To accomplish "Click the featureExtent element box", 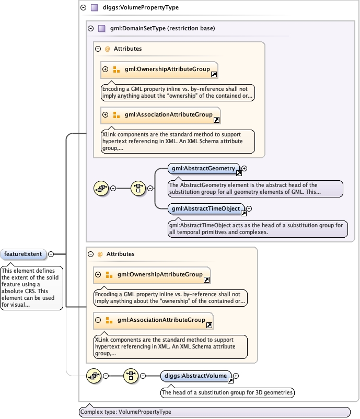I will pyautogui.click(x=24, y=254).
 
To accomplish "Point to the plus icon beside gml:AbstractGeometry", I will pyautogui.click(x=244, y=169).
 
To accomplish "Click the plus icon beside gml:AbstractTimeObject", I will pyautogui.click(x=249, y=209).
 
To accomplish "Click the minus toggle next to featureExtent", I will pyautogui.click(x=51, y=254).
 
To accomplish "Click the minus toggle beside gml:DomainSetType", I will pyautogui.click(x=91, y=28).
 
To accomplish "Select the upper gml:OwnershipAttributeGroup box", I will pyautogui.click(x=160, y=69).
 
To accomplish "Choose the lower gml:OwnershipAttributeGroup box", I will pyautogui.click(x=153, y=274).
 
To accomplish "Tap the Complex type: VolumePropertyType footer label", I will pyautogui.click(x=125, y=412).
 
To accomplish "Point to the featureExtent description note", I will pyautogui.click(x=31, y=287).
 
